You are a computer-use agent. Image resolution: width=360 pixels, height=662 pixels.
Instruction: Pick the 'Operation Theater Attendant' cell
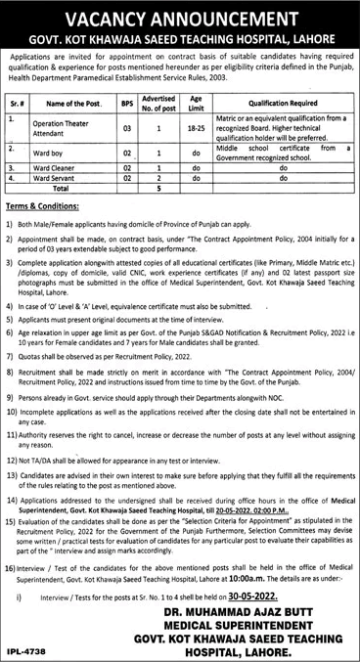68,127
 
